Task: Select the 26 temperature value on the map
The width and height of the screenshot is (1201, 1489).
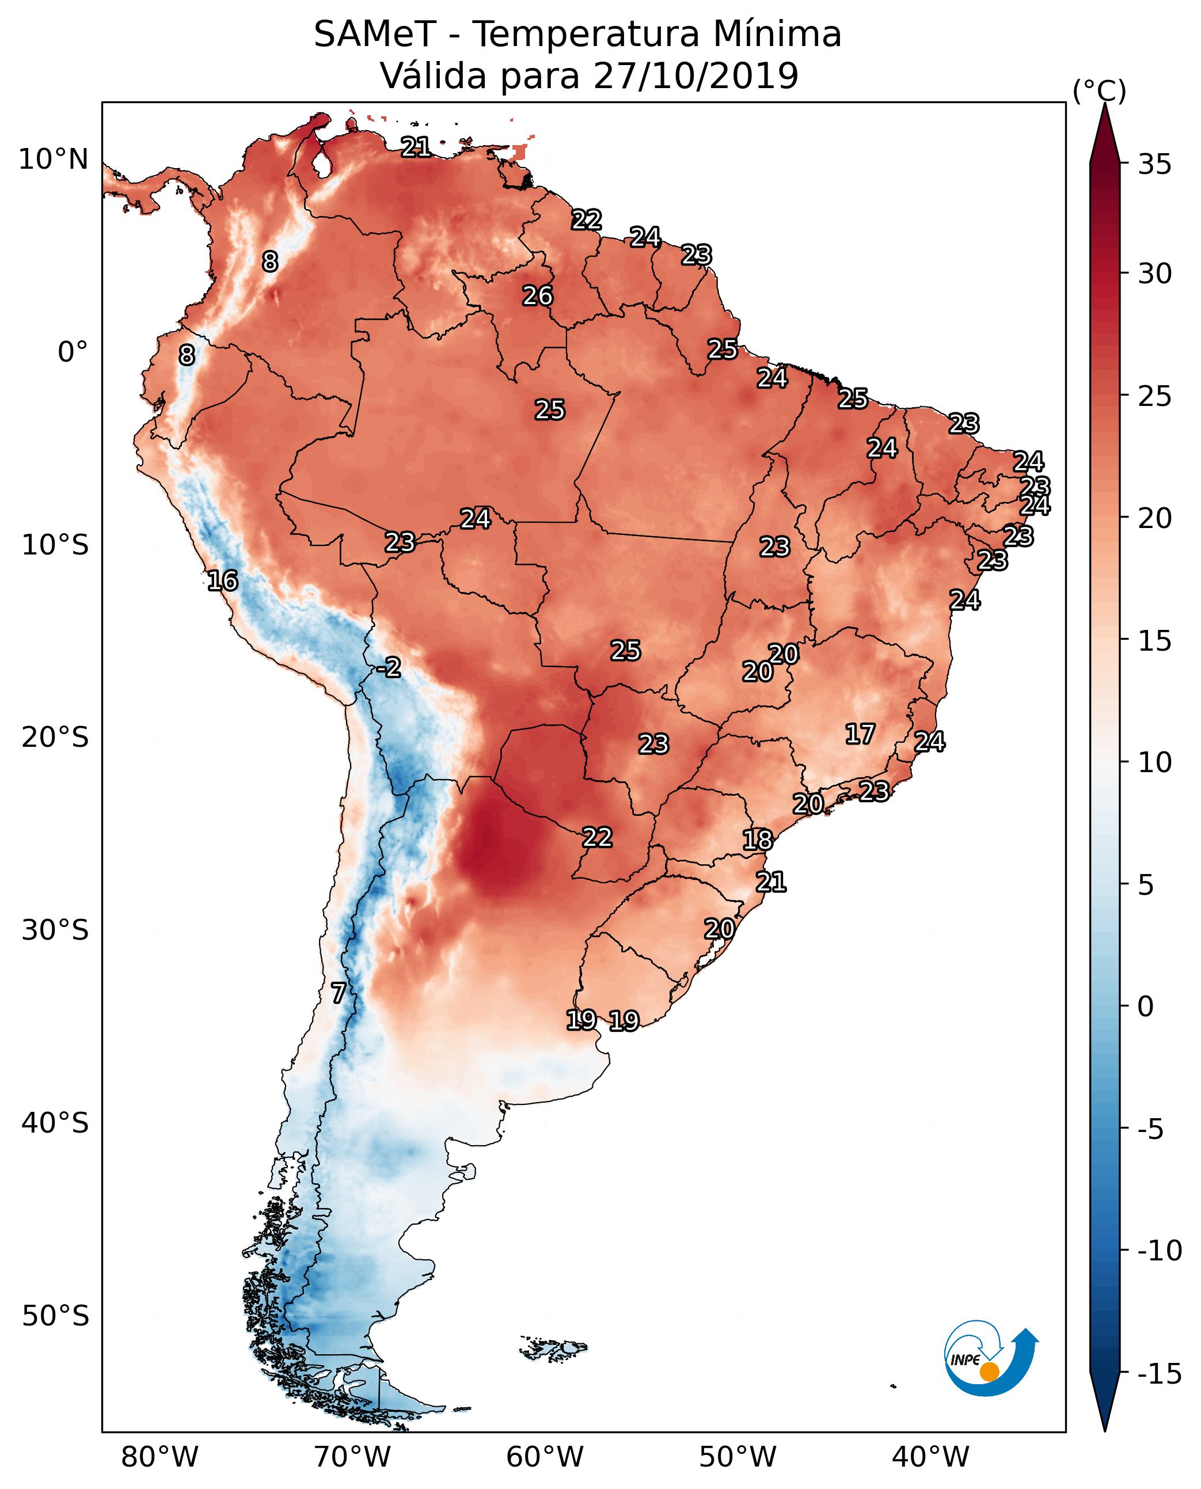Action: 538,296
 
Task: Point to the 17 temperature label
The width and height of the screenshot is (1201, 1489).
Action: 860,734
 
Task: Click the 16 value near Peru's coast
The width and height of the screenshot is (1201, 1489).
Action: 223,580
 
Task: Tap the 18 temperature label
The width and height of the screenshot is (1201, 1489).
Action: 758,840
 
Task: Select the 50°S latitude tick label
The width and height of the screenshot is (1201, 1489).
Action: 55,1315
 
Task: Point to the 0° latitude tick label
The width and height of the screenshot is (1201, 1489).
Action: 73,352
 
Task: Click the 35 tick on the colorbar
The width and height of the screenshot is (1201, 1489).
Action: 1154,165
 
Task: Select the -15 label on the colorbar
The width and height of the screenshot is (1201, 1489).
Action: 1159,1374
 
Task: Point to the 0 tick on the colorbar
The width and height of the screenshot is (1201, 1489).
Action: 1146,1006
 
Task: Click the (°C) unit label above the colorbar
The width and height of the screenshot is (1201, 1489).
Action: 1099,90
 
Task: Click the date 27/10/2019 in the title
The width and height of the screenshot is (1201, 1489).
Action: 696,75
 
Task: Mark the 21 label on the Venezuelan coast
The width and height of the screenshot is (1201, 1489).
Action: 416,147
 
